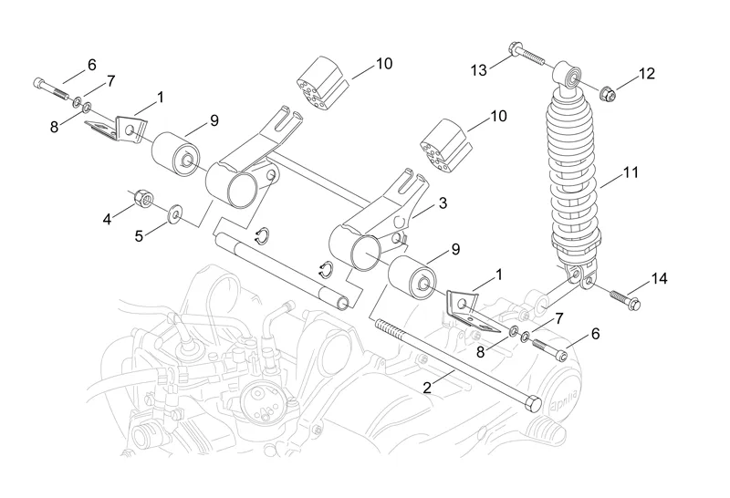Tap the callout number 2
click(427, 388)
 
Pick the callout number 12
click(646, 74)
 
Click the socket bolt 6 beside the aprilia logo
click(552, 348)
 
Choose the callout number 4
click(107, 218)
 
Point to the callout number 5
click(140, 237)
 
